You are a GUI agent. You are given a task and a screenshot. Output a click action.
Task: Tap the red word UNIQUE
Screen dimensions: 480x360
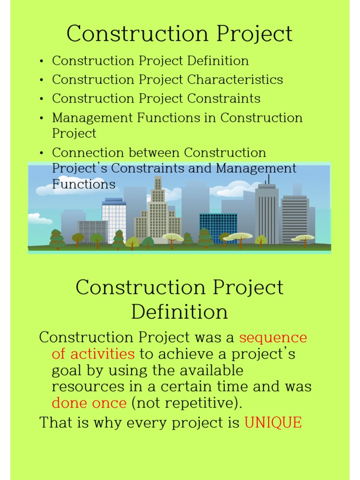[273, 422]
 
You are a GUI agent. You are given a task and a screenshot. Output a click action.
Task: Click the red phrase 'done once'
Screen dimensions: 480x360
[89, 403]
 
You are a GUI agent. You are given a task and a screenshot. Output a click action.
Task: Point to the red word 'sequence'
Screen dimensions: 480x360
[273, 337]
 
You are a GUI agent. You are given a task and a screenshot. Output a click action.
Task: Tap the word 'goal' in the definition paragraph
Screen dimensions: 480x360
[66, 370]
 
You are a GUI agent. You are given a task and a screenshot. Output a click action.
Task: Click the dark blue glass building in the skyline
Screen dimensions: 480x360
[218, 228]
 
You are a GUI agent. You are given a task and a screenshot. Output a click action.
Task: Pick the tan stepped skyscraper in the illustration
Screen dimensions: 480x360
[157, 211]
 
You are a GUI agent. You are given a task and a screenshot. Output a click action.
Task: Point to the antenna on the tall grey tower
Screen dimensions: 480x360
[268, 179]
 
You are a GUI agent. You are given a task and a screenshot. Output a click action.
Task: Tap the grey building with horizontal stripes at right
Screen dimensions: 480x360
[295, 218]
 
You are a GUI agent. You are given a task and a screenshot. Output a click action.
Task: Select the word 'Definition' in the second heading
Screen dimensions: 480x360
[180, 312]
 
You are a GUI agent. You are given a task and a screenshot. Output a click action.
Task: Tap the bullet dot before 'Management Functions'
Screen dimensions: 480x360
[42, 118]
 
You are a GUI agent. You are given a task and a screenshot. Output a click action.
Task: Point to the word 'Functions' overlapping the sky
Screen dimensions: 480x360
[83, 184]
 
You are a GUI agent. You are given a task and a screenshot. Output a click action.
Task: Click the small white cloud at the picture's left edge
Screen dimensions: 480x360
[39, 218]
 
